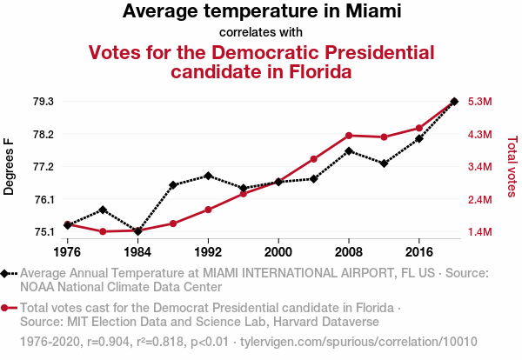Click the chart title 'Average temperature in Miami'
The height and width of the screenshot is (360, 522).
(x=261, y=12)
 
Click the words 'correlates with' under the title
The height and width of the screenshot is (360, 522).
(x=261, y=32)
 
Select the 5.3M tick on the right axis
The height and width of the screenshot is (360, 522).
(x=480, y=102)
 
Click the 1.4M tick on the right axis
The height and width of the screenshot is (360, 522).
(x=480, y=232)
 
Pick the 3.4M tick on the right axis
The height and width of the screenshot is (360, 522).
(x=480, y=167)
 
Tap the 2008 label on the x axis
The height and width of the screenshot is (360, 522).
(x=349, y=251)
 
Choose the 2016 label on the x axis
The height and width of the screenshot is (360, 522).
(x=419, y=251)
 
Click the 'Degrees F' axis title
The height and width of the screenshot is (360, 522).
(x=10, y=166)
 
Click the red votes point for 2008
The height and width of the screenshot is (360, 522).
(x=349, y=136)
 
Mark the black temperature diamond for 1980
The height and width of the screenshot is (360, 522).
(x=103, y=210)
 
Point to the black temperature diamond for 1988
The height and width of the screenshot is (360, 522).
(x=173, y=185)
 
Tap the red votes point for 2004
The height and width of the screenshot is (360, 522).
(x=313, y=159)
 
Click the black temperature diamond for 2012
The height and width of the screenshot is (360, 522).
(x=384, y=163)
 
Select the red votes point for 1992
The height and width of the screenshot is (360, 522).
(x=208, y=210)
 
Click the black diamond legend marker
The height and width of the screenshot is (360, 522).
(x=5, y=273)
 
